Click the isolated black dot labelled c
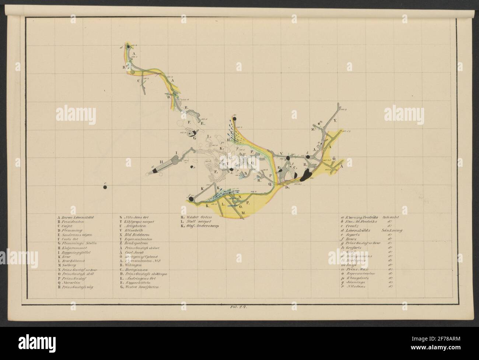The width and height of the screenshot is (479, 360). point(105,187)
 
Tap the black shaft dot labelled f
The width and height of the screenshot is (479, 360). point(191,199)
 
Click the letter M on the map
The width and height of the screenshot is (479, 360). point(243,218)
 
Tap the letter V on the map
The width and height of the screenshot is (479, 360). point(281,153)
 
